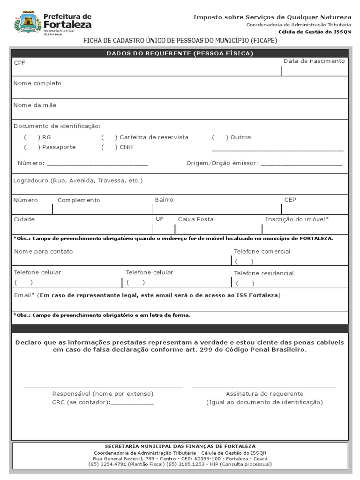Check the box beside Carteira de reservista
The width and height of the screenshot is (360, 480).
[110, 137]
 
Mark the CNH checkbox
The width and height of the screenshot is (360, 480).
[110, 147]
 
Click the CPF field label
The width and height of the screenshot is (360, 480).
[19, 62]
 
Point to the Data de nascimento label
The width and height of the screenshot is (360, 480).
[314, 61]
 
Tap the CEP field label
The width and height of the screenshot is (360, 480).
[290, 200]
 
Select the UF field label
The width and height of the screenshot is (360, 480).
[159, 219]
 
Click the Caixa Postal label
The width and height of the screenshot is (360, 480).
[196, 219]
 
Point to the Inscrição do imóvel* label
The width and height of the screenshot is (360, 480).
[297, 219]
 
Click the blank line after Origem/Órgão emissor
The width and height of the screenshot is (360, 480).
[301, 165]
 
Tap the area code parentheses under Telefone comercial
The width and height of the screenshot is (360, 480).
[244, 262]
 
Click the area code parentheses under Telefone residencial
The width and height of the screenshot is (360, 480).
[245, 283]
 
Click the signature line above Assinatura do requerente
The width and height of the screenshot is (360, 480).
[264, 388]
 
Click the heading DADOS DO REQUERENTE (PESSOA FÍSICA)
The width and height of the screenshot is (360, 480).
[180, 53]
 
